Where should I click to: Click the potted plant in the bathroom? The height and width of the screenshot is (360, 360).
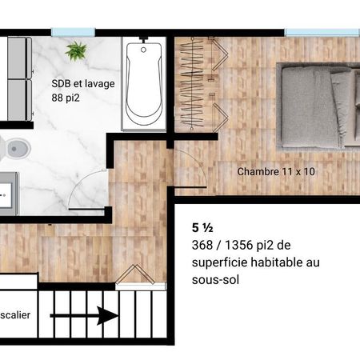tap(77, 51)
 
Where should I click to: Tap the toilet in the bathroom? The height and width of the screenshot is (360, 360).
tap(14, 148)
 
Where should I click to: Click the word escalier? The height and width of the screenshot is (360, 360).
tap(15, 315)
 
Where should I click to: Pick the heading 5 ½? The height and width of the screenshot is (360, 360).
tap(202, 228)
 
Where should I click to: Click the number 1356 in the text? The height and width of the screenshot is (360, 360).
tap(238, 246)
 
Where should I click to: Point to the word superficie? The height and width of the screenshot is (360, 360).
tap(219, 263)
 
